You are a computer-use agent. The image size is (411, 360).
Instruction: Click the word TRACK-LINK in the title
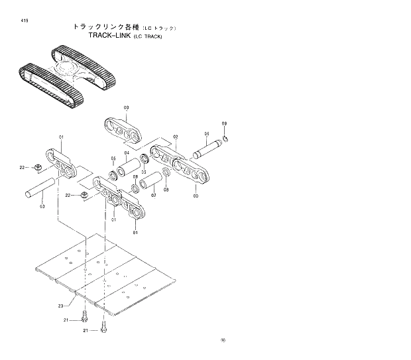[109, 36]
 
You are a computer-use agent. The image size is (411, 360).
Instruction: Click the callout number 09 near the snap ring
[224, 124]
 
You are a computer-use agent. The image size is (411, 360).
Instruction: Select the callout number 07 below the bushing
[153, 196]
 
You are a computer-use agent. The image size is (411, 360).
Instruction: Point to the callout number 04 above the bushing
[127, 154]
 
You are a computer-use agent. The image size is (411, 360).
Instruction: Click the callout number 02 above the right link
[176, 137]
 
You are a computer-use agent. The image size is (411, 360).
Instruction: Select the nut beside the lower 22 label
[84, 195]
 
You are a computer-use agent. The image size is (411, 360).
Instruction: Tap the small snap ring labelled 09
[226, 138]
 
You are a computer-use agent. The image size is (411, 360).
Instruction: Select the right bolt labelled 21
[103, 330]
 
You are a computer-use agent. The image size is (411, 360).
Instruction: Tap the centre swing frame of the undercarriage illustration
[73, 70]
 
